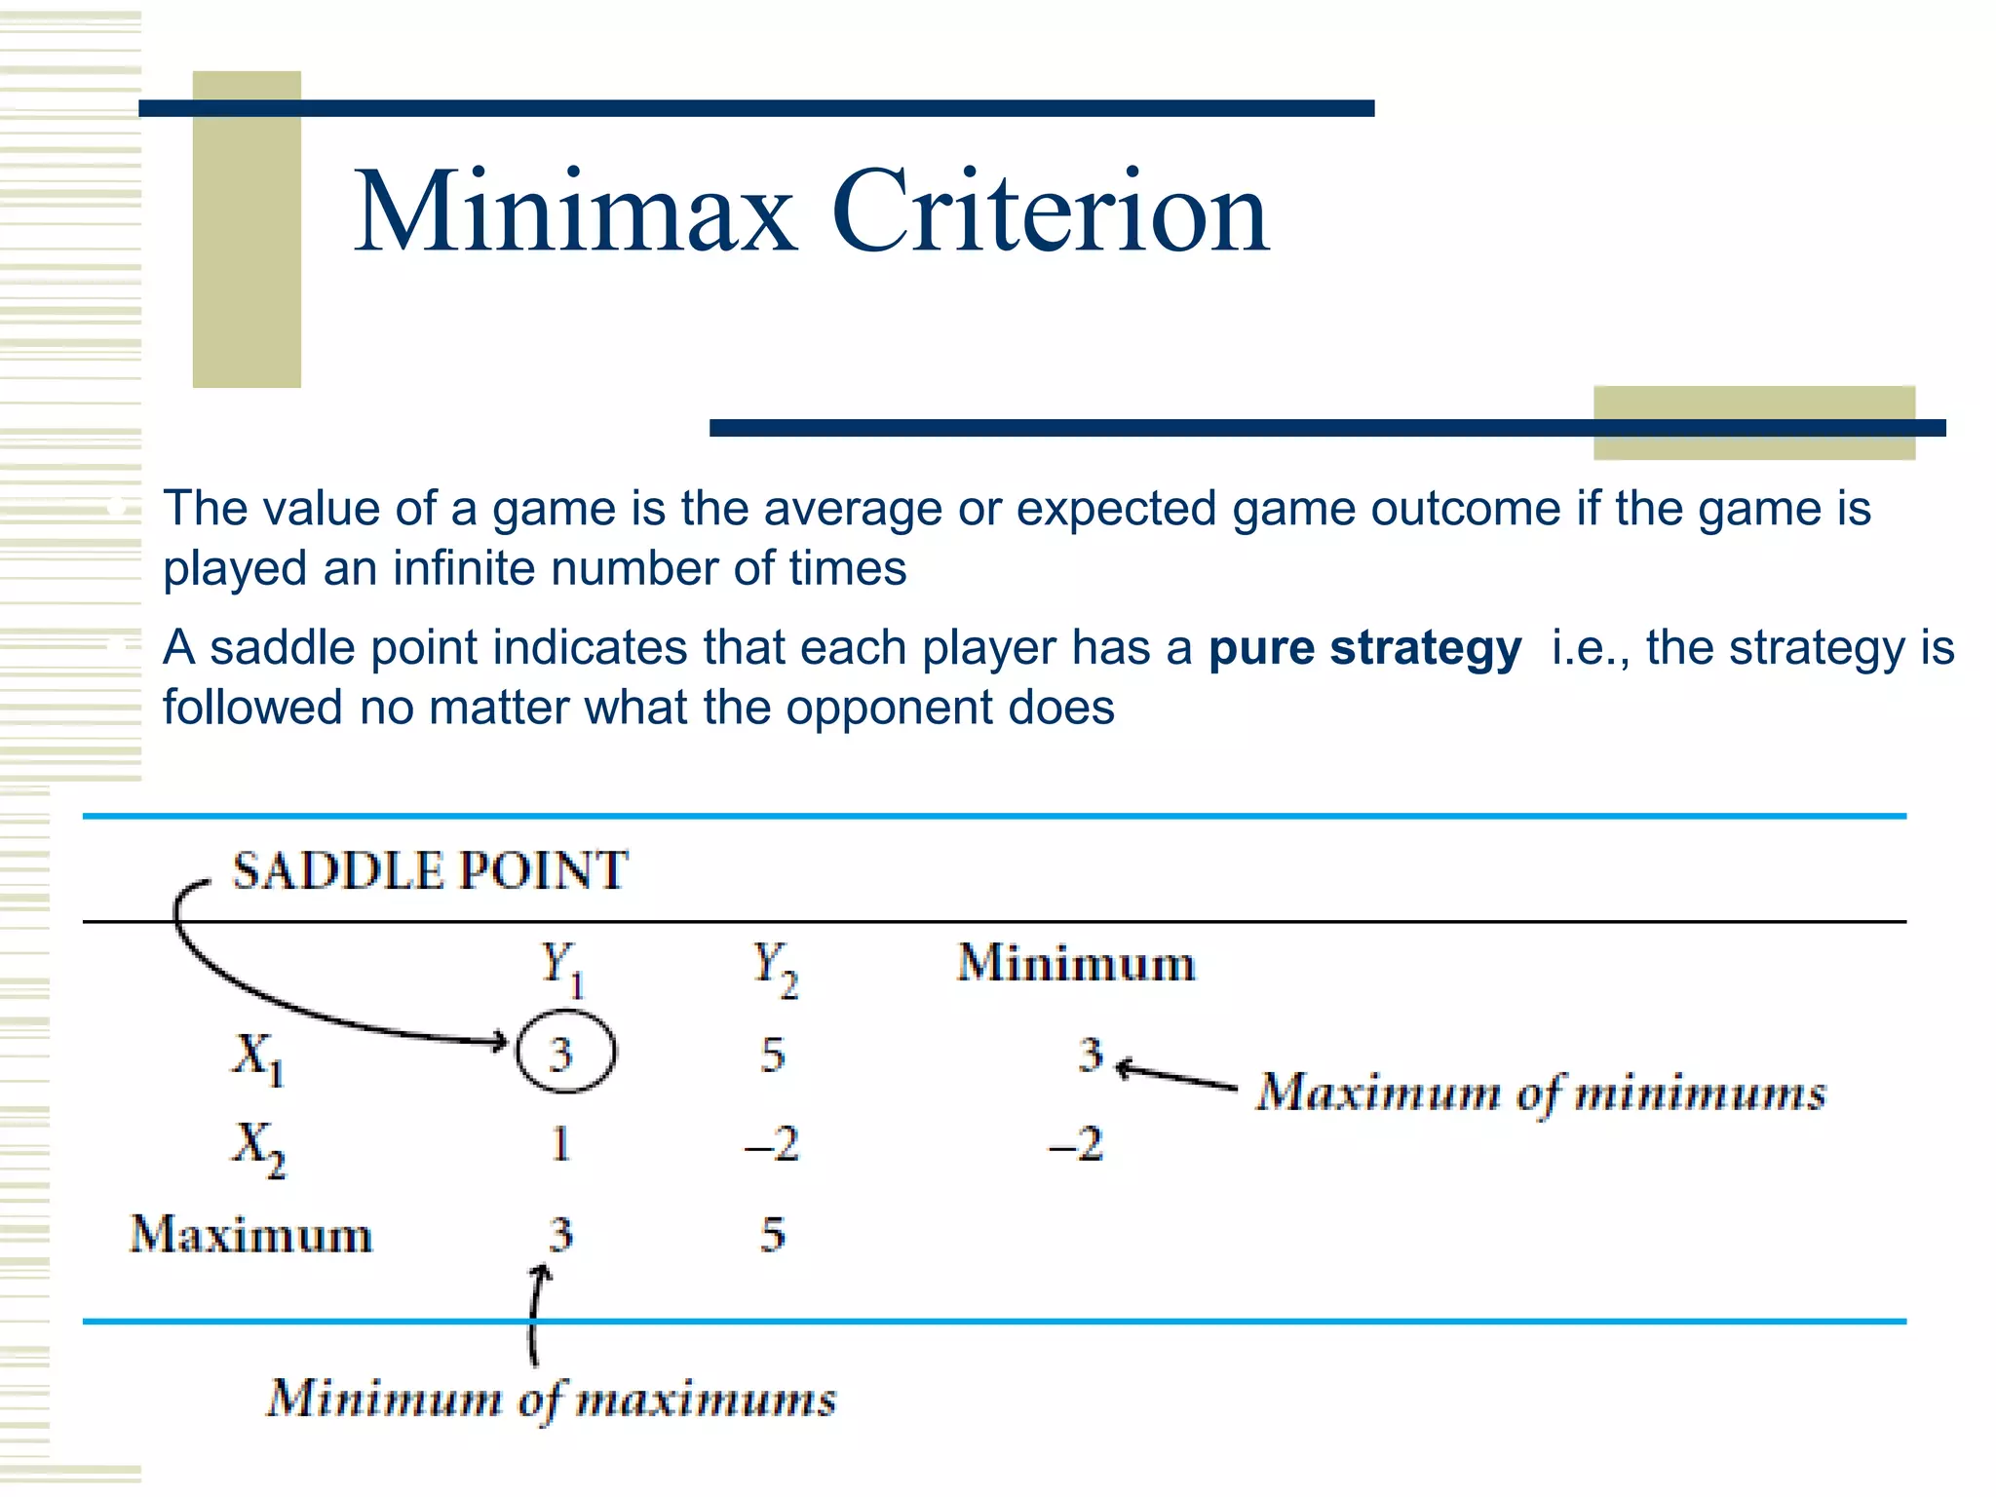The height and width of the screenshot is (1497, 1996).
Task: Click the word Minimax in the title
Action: [x=575, y=211]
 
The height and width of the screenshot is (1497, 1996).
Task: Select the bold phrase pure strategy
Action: [x=1364, y=648]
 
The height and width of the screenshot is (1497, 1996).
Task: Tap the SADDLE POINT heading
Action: [x=430, y=870]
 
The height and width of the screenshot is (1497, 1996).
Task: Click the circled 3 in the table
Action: [x=564, y=1054]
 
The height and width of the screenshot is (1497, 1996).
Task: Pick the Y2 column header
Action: [x=775, y=968]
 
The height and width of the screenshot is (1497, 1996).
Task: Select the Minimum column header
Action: [x=1076, y=964]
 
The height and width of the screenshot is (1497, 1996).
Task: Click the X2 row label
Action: [x=258, y=1147]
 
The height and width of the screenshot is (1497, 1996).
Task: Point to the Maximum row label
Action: [x=251, y=1235]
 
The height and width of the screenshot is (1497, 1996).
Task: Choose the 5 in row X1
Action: [x=773, y=1055]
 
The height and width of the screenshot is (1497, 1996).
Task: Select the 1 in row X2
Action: [x=560, y=1143]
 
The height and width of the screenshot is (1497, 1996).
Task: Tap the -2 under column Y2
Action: [x=772, y=1143]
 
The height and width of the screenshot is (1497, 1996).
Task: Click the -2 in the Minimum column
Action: [x=1076, y=1143]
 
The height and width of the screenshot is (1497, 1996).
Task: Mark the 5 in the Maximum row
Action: [x=773, y=1235]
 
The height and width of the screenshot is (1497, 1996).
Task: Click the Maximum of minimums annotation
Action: [x=1541, y=1094]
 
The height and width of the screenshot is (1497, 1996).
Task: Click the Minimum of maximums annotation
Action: [x=552, y=1400]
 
